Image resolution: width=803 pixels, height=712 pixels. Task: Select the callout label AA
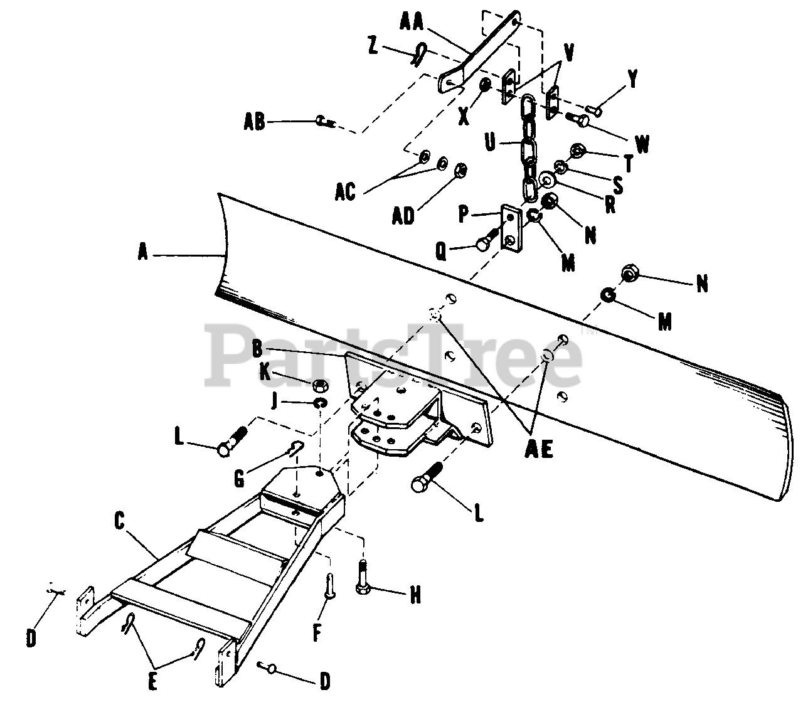tap(412, 23)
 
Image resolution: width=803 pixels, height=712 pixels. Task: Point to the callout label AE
tap(538, 450)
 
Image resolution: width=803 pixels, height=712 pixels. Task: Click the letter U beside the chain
tap(490, 142)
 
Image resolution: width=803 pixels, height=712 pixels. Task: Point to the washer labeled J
tap(321, 401)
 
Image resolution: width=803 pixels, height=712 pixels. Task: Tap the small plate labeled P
tap(511, 229)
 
